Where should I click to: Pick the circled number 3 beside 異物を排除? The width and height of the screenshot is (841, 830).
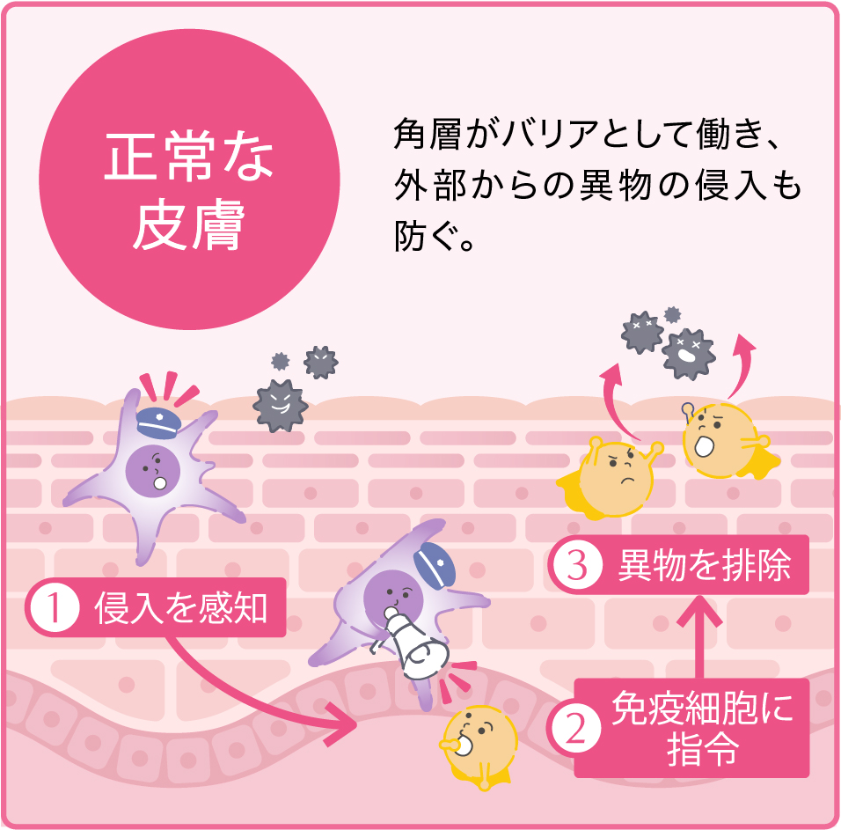(576, 565)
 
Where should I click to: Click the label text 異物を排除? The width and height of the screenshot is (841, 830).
(704, 565)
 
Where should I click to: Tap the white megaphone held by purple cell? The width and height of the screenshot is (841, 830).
(416, 644)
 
